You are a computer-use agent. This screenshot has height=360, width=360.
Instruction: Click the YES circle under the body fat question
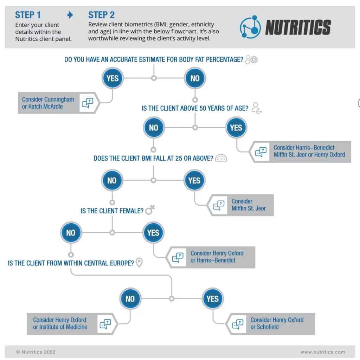click(112, 78)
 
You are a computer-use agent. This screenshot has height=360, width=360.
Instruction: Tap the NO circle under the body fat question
click(195, 78)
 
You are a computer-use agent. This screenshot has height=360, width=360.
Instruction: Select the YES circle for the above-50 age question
click(236, 128)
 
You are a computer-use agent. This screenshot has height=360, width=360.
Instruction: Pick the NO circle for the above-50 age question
click(154, 128)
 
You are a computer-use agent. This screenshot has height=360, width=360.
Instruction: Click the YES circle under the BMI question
click(194, 180)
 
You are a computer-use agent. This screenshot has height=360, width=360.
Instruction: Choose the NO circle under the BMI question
click(112, 180)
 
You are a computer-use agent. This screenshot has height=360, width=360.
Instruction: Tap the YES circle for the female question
click(153, 233)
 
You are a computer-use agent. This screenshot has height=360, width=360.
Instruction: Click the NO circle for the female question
click(71, 233)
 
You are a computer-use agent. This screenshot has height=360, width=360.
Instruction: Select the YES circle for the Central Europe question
click(212, 299)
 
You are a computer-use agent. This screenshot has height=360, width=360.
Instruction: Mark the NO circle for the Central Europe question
click(130, 299)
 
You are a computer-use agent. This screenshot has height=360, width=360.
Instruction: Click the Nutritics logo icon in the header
click(250, 27)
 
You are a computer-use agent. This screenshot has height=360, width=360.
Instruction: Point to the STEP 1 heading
click(28, 15)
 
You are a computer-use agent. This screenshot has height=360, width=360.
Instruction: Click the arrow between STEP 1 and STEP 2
click(70, 15)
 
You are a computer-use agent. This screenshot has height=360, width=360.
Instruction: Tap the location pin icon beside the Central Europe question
click(139, 263)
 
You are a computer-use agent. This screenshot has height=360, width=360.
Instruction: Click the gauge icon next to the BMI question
click(221, 158)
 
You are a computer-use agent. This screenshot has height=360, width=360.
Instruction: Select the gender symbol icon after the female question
click(150, 210)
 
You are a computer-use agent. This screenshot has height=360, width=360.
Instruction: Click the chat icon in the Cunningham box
click(87, 103)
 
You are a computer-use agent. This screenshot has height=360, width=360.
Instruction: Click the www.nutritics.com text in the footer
click(322, 352)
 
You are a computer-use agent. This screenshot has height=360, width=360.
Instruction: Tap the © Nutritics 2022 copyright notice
click(36, 352)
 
